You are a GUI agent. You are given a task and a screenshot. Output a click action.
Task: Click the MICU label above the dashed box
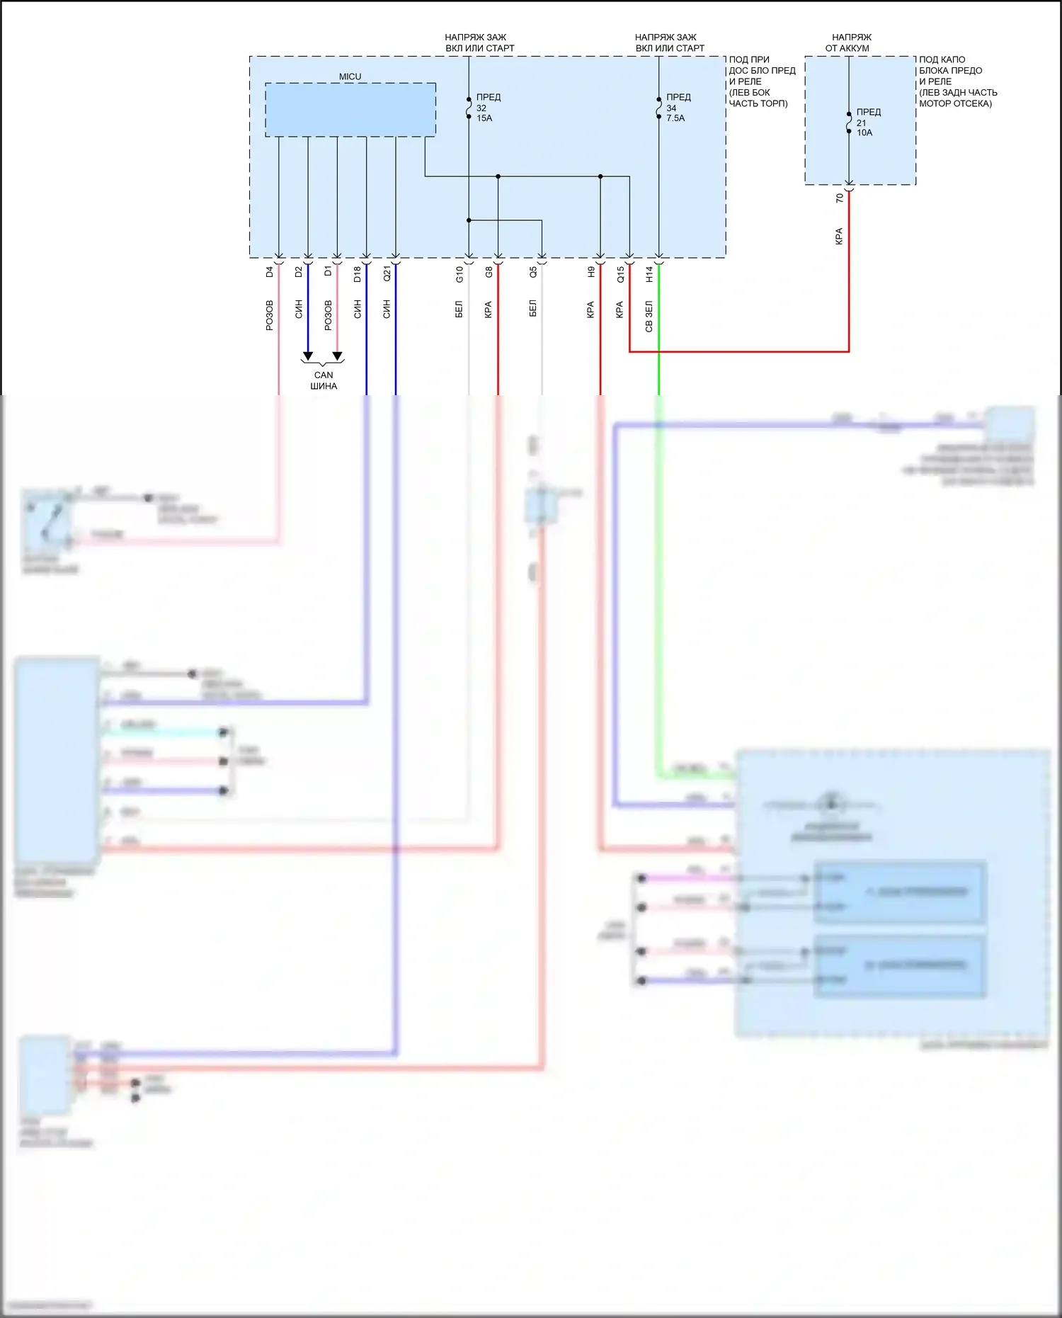(350, 76)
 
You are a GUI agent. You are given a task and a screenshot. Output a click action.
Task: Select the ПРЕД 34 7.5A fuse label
(678, 108)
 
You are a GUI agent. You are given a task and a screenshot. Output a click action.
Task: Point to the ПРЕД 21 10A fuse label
(868, 123)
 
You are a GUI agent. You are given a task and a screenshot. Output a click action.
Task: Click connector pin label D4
(269, 272)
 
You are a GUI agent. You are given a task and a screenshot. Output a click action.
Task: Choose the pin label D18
(357, 273)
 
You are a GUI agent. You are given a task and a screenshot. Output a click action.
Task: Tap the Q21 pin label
(387, 273)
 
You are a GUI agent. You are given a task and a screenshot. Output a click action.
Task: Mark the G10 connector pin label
(459, 274)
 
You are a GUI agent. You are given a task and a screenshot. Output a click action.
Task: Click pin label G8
(489, 272)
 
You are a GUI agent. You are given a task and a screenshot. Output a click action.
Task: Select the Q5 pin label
(533, 272)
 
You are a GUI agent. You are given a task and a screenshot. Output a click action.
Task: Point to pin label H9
(590, 272)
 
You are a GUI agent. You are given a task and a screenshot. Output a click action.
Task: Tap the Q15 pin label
(620, 274)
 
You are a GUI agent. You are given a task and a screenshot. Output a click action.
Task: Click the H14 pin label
(649, 274)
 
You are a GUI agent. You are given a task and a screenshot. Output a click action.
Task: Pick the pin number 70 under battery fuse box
(840, 198)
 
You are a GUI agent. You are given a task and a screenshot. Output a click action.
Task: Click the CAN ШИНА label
(324, 380)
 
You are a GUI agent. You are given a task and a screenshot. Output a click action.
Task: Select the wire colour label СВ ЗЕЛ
(649, 316)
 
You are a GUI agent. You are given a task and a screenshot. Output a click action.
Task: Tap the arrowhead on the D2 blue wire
(308, 356)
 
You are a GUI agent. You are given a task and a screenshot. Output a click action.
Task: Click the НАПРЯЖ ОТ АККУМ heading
(849, 42)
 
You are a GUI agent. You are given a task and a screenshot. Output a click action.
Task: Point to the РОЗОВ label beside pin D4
(269, 315)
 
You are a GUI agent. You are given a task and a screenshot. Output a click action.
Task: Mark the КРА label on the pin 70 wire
(839, 236)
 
